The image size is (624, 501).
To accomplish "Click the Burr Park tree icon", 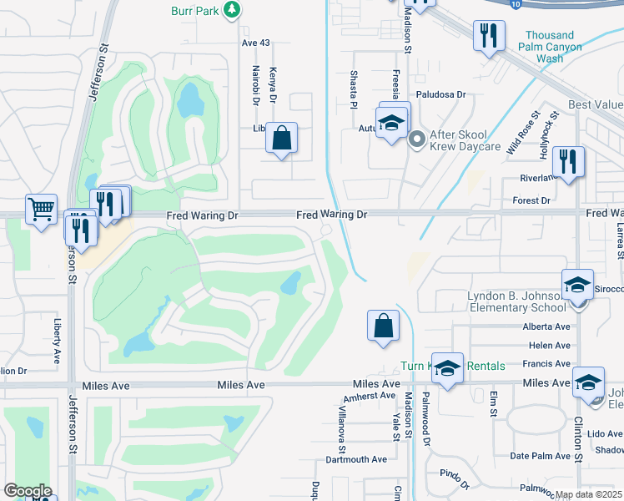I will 233,10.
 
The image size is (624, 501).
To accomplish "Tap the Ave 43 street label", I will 257,43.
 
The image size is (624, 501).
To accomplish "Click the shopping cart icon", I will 40,208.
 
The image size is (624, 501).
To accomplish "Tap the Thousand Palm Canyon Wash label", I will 550,47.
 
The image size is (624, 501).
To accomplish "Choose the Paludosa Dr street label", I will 440,95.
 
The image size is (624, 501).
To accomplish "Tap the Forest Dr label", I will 531,200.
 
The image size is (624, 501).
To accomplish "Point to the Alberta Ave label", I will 546,327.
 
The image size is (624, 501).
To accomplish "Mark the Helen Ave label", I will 550,346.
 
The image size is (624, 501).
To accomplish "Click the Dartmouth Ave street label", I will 356,459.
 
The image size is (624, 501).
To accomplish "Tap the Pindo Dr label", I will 455,479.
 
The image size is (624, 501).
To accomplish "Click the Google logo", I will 28,491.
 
